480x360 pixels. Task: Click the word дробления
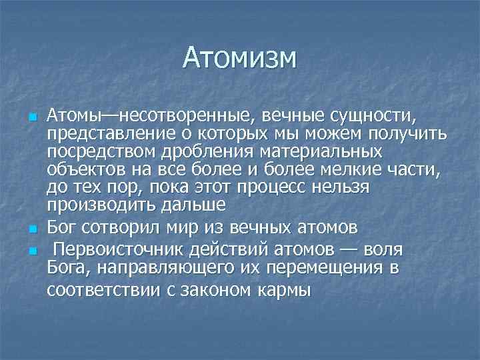(x=180, y=152)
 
